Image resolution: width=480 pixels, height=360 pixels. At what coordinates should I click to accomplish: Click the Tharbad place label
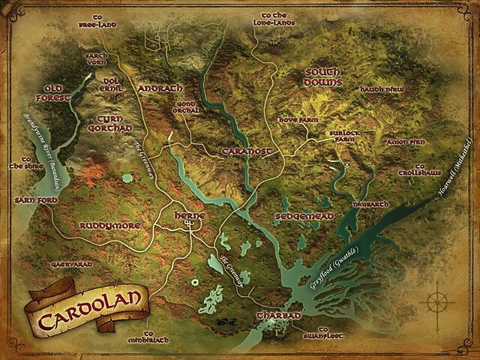[x=278, y=316]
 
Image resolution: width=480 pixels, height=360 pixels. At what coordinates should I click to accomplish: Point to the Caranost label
[x=245, y=151]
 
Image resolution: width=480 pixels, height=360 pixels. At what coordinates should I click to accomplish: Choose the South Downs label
[x=323, y=76]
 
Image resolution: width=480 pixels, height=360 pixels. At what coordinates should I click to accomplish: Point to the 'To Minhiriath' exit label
[x=148, y=337]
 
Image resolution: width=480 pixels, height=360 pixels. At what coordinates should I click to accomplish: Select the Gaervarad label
[x=70, y=265]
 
